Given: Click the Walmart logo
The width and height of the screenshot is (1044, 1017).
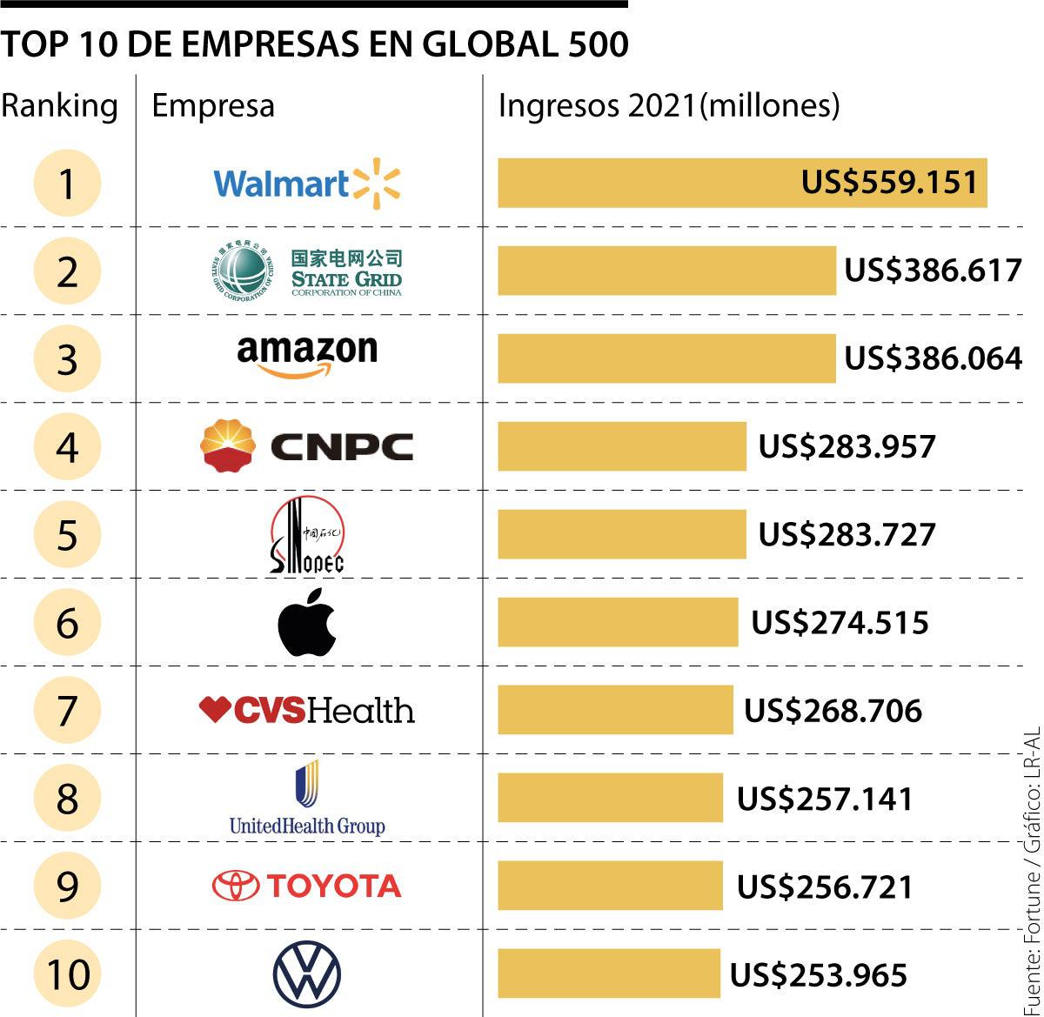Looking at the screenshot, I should tap(306, 184).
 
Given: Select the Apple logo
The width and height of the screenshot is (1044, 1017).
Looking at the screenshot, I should tap(307, 621).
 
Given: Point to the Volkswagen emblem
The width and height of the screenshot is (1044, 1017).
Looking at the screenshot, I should tap(307, 974).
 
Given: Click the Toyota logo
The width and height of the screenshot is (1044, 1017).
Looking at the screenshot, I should tap(307, 886).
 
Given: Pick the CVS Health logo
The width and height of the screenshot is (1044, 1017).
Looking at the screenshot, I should tap(307, 710).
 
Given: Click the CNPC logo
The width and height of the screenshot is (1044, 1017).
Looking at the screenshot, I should tap(307, 446).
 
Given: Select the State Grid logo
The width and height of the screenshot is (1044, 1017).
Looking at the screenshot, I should tap(307, 271).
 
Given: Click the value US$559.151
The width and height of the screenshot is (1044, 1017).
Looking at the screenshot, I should tap(889, 183).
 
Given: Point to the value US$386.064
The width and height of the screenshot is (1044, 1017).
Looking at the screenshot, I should tap(933, 358).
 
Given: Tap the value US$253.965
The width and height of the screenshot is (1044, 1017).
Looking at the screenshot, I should tap(818, 974).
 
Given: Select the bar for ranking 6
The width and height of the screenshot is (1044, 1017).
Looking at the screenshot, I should tap(618, 622).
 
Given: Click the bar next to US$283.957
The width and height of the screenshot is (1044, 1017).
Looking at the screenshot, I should tap(622, 446).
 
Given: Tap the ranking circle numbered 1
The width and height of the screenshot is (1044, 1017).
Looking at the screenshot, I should tap(68, 184).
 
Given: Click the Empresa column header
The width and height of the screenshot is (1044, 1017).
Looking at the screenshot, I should tap(213, 106).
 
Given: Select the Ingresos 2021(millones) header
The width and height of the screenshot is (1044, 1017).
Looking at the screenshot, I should tap(668, 106).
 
